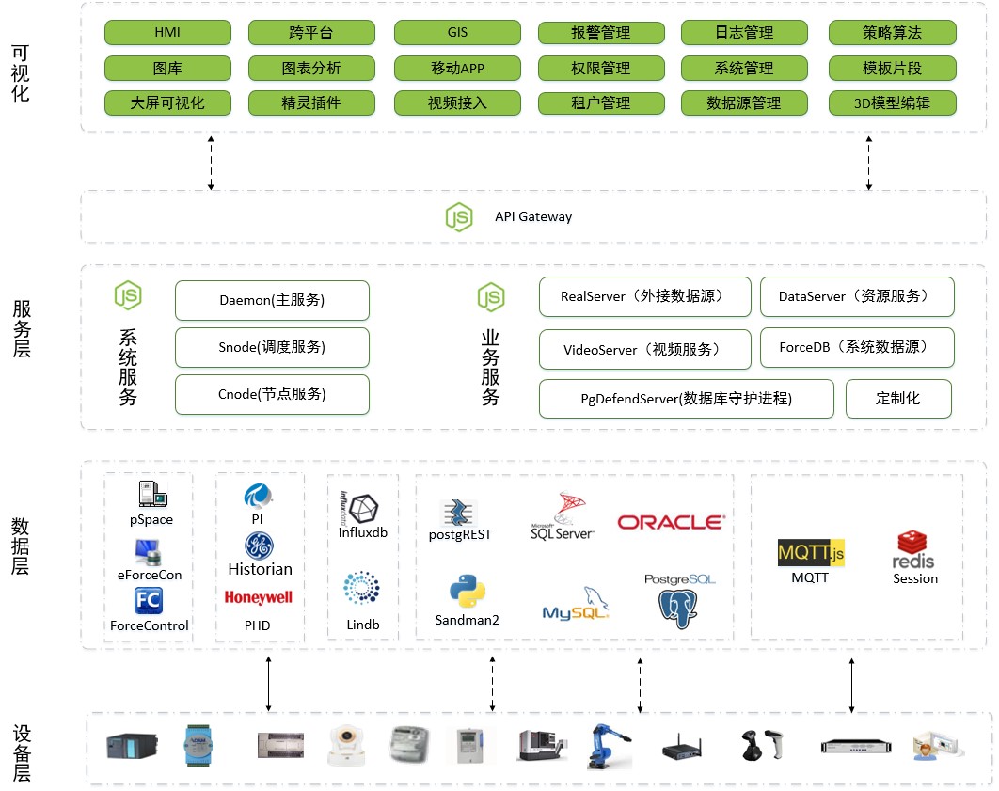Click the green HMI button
(x=167, y=33)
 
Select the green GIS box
(x=457, y=33)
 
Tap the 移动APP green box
(x=457, y=69)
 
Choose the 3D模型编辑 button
(x=892, y=103)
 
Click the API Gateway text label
(x=533, y=216)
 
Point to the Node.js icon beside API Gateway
(x=459, y=216)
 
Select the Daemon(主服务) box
(x=272, y=300)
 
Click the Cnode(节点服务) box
(x=272, y=394)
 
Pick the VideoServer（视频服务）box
(x=644, y=349)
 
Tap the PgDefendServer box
(x=686, y=398)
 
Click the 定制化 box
(x=898, y=398)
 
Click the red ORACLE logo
(x=671, y=522)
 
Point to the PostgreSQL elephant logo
(x=679, y=601)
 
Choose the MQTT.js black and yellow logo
(x=811, y=553)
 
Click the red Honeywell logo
(x=259, y=597)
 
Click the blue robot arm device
(x=607, y=747)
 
